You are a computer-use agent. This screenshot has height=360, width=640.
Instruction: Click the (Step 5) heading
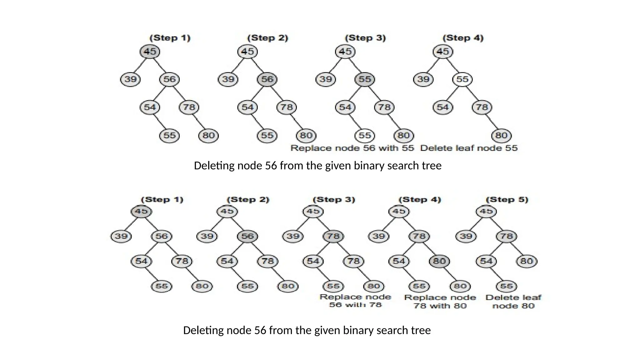(507, 200)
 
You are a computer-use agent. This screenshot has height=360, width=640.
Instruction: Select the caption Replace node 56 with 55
(352, 148)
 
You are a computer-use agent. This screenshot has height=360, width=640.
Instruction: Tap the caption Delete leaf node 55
(469, 148)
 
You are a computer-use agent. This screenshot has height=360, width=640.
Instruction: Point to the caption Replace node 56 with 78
(355, 301)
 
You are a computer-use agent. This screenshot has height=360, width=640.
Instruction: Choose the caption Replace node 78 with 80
(440, 302)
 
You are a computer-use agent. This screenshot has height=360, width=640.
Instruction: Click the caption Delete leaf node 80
(513, 302)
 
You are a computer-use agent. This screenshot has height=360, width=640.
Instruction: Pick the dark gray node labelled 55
(365, 79)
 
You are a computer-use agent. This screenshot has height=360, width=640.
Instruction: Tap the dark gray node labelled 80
(439, 261)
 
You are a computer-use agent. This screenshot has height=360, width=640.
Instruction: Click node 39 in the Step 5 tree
(466, 236)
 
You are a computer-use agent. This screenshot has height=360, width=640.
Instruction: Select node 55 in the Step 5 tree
(506, 286)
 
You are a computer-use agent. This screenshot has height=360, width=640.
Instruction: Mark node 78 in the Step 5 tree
(506, 236)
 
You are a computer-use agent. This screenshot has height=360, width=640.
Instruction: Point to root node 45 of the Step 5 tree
(486, 212)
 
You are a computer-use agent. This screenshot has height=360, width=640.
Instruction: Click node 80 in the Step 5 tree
(527, 261)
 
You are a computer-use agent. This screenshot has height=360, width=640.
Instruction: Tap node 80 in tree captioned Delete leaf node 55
(501, 136)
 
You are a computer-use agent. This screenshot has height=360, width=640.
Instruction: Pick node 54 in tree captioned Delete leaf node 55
(443, 107)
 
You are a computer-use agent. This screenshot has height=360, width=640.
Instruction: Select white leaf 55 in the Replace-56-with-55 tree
(365, 136)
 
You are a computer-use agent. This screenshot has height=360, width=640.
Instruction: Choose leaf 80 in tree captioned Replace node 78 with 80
(460, 286)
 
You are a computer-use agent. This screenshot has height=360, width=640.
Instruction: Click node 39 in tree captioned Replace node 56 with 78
(293, 236)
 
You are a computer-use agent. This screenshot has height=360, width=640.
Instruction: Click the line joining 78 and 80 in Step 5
(517, 249)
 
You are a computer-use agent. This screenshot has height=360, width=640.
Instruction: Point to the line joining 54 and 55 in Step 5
(497, 274)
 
